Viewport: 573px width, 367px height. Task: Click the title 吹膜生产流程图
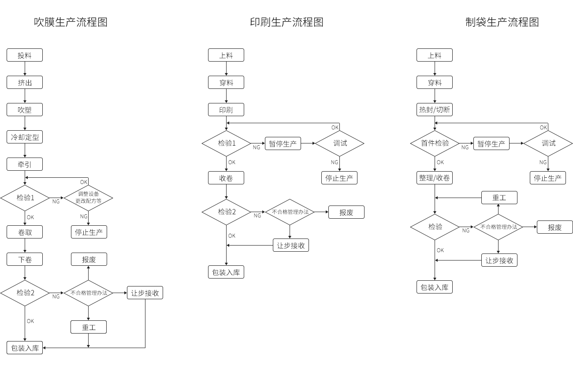coord(71,22)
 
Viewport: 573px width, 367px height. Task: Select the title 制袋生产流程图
coord(502,22)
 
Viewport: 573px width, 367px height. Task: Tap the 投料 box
coord(25,55)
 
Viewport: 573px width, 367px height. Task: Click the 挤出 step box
coord(25,83)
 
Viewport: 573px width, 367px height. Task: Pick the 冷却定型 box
coord(25,137)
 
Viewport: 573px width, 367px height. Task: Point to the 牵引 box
coord(25,165)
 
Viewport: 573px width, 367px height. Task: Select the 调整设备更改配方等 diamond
coord(89,198)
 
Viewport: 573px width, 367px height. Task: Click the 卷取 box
coord(25,232)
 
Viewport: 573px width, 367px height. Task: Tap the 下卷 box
coord(25,260)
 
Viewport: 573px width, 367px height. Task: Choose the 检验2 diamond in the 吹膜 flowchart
coord(25,293)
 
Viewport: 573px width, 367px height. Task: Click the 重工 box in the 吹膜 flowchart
coord(89,327)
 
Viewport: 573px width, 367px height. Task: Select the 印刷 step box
coord(226,110)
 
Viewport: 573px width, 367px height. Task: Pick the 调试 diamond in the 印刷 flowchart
coord(340,143)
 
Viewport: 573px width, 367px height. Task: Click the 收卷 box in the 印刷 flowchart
coord(226,178)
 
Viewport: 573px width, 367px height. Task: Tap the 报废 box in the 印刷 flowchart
coord(346,213)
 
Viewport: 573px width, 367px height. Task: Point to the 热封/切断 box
coord(435,110)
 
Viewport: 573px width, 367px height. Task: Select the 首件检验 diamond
coord(435,143)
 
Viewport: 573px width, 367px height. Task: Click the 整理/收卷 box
coord(435,178)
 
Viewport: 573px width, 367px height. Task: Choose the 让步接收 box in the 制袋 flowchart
coord(499,261)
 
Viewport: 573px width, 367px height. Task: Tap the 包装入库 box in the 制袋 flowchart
coord(435,287)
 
